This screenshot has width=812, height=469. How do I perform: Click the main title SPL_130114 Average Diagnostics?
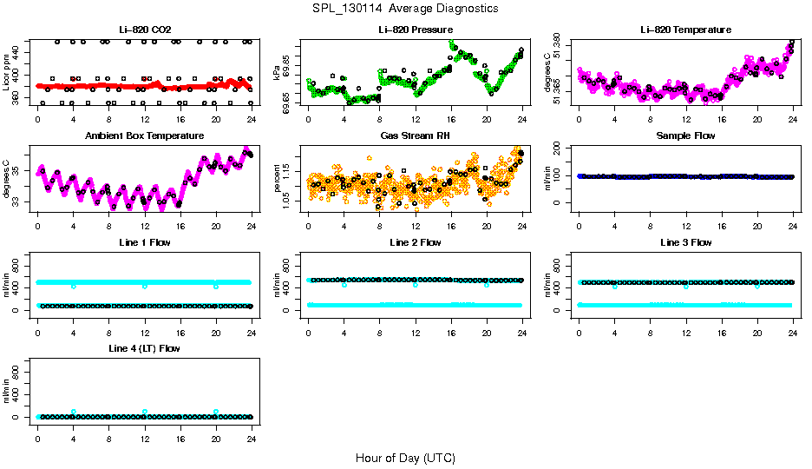(406, 8)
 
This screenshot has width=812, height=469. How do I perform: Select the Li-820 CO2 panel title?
(145, 30)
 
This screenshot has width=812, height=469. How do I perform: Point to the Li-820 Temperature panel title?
(685, 30)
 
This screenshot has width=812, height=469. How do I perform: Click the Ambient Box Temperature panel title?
(145, 136)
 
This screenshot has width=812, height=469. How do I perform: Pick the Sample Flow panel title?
(685, 136)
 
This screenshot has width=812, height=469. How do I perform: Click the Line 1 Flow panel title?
(145, 242)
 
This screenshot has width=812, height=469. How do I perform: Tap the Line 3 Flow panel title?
(685, 242)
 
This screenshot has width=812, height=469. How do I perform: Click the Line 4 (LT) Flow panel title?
(145, 348)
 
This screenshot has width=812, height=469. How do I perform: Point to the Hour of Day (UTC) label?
(405, 458)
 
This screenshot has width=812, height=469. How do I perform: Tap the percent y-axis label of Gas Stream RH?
(278, 179)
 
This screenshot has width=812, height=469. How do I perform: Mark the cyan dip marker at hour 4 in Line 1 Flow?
(74, 286)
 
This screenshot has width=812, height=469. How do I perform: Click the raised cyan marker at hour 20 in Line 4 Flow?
(216, 412)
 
